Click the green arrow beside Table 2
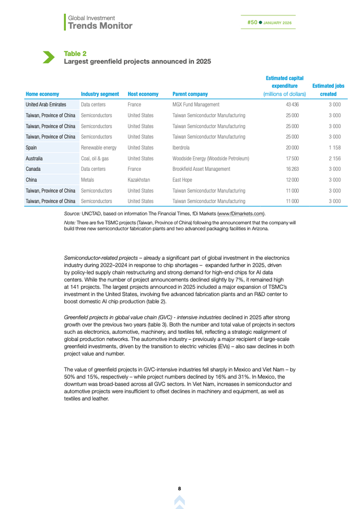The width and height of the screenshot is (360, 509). [x=48, y=57]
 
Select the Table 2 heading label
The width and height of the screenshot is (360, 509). [x=75, y=53]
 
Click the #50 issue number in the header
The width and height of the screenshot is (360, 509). [x=252, y=23]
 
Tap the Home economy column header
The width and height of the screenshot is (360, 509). [x=42, y=94]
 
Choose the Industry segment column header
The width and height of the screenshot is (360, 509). [x=100, y=94]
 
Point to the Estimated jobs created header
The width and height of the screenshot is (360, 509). [x=328, y=90]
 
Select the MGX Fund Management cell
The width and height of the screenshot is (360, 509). [x=196, y=104]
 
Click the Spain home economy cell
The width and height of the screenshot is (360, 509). [x=32, y=148]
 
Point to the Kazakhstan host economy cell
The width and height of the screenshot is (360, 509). [x=139, y=180]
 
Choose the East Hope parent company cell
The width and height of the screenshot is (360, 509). [x=184, y=180]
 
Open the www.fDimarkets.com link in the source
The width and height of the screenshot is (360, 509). [x=241, y=213]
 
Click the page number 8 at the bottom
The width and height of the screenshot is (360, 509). [x=179, y=488]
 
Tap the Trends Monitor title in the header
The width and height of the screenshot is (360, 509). [x=100, y=26]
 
